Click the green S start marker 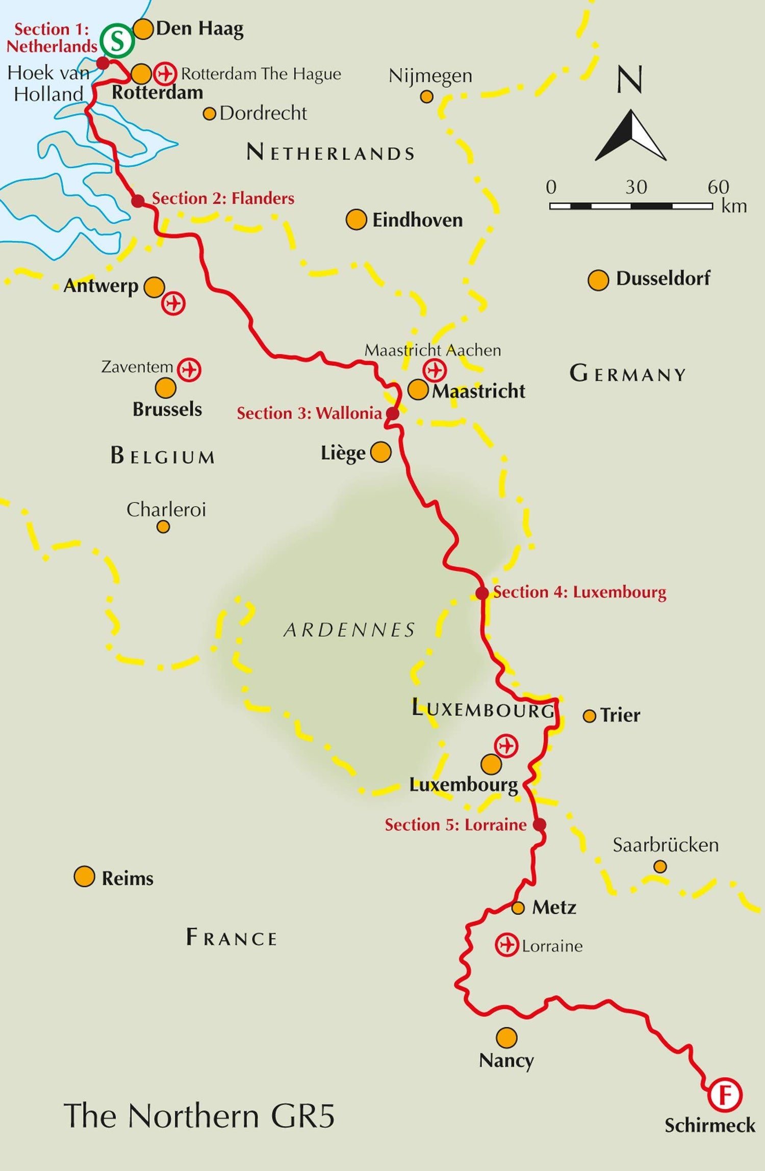(117, 41)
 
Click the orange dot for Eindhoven (356, 220)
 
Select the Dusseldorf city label (662, 278)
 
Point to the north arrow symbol (631, 136)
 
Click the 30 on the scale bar (636, 187)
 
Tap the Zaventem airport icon (189, 369)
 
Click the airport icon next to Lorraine (507, 945)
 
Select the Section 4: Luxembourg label (579, 592)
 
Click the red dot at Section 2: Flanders (138, 201)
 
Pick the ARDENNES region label (350, 630)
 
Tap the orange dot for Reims (84, 876)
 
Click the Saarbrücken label (666, 845)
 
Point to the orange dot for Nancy (506, 1037)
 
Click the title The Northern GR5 (199, 1116)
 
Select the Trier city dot (589, 716)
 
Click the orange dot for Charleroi (163, 526)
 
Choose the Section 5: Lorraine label (455, 824)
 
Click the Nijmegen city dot (427, 96)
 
